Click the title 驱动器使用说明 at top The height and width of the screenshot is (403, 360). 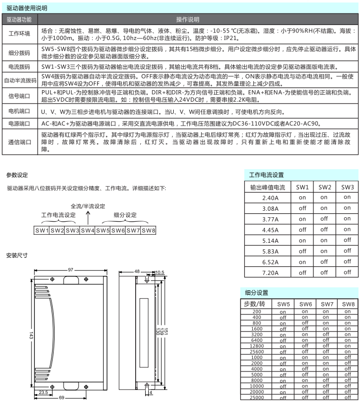(27, 8)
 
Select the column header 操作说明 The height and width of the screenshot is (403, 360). (188, 20)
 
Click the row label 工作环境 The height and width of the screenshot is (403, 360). (20, 34)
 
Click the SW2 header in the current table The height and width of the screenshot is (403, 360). (324, 187)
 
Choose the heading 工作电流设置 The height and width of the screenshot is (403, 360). (266, 175)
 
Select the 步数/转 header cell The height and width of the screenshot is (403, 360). (257, 304)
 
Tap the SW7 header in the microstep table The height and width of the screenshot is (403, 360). (327, 304)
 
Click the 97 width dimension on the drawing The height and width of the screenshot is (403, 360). (71, 270)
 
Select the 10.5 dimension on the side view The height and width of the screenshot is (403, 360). (160, 272)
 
